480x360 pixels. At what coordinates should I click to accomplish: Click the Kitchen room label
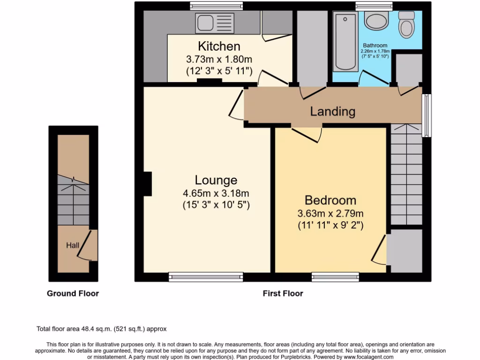click(x=219, y=46)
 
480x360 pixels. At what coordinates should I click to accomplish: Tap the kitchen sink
click(x=215, y=22)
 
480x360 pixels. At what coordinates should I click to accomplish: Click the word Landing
click(x=332, y=112)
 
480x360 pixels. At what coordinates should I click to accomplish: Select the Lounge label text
click(x=216, y=180)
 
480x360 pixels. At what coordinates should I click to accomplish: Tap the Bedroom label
click(x=330, y=200)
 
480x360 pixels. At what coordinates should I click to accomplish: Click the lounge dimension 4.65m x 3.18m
click(x=216, y=193)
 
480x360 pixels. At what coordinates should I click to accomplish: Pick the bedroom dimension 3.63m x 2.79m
click(x=330, y=213)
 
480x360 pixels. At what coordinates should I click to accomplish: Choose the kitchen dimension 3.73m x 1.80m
click(x=219, y=60)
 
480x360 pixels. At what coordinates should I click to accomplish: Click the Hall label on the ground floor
click(x=72, y=245)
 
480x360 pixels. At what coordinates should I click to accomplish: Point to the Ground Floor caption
click(x=73, y=293)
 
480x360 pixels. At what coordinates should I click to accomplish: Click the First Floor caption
click(x=283, y=293)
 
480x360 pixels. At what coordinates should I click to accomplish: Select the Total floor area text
click(x=102, y=329)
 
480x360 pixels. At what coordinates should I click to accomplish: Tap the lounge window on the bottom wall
click(x=206, y=277)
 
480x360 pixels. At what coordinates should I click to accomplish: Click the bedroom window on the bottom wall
click(x=335, y=277)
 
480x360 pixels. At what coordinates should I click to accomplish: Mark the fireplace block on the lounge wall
click(x=148, y=184)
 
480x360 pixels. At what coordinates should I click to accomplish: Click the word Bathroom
click(x=375, y=45)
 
